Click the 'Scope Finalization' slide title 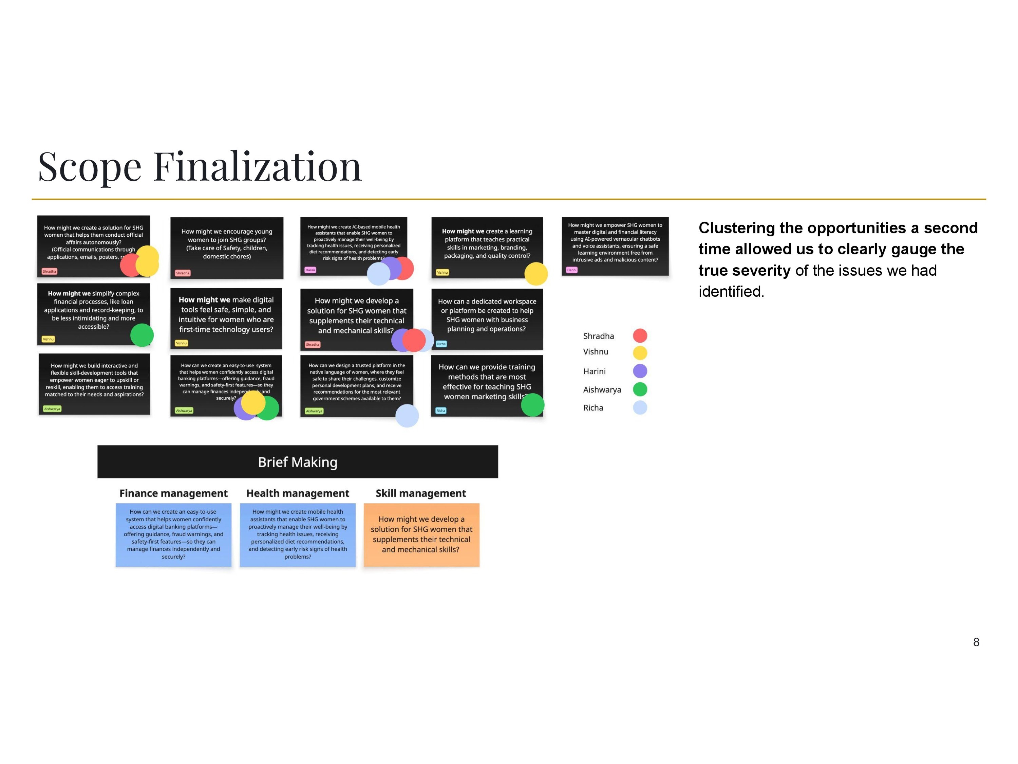click(200, 166)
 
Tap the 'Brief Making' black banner click(297, 461)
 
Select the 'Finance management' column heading click(173, 493)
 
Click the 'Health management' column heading click(297, 493)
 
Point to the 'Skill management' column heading click(421, 493)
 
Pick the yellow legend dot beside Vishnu click(640, 353)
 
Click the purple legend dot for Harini click(640, 371)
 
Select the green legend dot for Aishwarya click(640, 389)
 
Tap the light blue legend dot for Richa click(640, 407)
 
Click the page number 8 click(976, 642)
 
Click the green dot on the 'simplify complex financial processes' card click(142, 335)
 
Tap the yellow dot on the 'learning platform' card click(536, 274)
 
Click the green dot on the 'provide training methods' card click(532, 405)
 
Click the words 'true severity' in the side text click(744, 270)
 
